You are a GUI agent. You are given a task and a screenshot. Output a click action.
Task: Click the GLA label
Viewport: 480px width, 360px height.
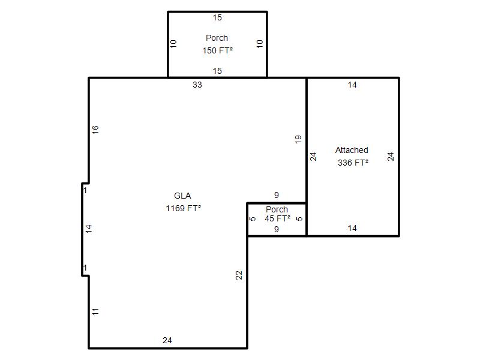click(182, 196)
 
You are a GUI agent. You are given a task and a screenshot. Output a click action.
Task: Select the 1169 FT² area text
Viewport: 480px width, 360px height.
click(184, 208)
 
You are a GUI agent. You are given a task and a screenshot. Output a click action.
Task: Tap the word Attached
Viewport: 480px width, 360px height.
click(352, 150)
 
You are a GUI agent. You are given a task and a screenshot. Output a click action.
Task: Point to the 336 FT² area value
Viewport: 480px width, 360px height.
click(353, 163)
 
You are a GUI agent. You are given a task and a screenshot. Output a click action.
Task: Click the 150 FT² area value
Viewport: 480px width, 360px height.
click(217, 50)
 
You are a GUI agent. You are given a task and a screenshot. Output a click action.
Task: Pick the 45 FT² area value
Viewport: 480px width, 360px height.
click(277, 218)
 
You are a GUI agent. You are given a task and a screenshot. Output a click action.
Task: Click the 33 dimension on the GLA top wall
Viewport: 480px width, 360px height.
click(197, 85)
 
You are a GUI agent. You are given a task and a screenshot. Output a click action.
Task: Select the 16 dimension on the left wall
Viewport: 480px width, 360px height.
click(95, 129)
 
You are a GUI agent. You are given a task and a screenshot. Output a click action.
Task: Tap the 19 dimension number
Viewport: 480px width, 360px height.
click(298, 139)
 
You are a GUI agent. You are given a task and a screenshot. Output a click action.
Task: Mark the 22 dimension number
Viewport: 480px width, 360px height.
click(239, 275)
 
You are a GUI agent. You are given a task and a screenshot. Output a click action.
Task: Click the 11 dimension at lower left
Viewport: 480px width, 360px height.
click(95, 311)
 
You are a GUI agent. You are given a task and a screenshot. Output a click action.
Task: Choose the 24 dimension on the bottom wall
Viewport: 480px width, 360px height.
click(167, 340)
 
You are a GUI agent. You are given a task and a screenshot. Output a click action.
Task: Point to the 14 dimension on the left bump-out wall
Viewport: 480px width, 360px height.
click(88, 229)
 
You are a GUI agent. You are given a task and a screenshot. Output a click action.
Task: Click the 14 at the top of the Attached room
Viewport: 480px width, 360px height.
click(352, 85)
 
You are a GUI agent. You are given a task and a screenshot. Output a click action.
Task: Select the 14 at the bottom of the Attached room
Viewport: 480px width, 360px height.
click(352, 228)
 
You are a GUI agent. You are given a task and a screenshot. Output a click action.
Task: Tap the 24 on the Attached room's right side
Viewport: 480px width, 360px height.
click(391, 157)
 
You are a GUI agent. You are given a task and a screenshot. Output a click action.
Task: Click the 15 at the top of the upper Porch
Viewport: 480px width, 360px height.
click(217, 17)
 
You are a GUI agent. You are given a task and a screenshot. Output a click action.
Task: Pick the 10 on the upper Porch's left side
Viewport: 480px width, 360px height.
click(173, 44)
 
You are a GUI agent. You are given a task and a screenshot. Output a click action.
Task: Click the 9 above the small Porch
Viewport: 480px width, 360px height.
click(277, 195)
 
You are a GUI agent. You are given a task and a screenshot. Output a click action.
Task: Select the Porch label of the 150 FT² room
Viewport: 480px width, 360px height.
click(217, 38)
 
